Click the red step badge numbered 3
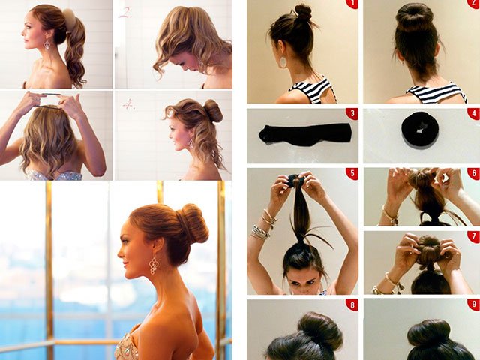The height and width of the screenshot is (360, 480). tap(352, 114)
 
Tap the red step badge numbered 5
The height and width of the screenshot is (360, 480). tap(352, 174)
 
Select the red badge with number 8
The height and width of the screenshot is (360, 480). tap(352, 305)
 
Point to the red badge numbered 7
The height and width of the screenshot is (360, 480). tap(474, 237)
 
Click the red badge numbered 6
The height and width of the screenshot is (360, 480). tap(474, 174)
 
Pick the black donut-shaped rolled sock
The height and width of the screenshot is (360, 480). tap(420, 130)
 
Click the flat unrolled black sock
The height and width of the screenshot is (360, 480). tap(304, 134)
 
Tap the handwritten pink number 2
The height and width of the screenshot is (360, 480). tap(124, 13)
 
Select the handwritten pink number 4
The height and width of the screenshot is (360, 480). tap(128, 105)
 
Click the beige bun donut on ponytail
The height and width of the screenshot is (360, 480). tap(70, 19)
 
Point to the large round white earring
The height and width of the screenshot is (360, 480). tap(282, 61)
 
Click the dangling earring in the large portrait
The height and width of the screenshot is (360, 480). tap(154, 265)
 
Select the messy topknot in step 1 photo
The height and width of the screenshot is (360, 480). tap(303, 12)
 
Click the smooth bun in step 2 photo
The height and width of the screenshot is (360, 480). tap(415, 17)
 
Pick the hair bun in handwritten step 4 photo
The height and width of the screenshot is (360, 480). tap(213, 111)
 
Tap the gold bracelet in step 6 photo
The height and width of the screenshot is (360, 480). tap(390, 215)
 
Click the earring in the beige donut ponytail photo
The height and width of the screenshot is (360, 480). tap(46, 45)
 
